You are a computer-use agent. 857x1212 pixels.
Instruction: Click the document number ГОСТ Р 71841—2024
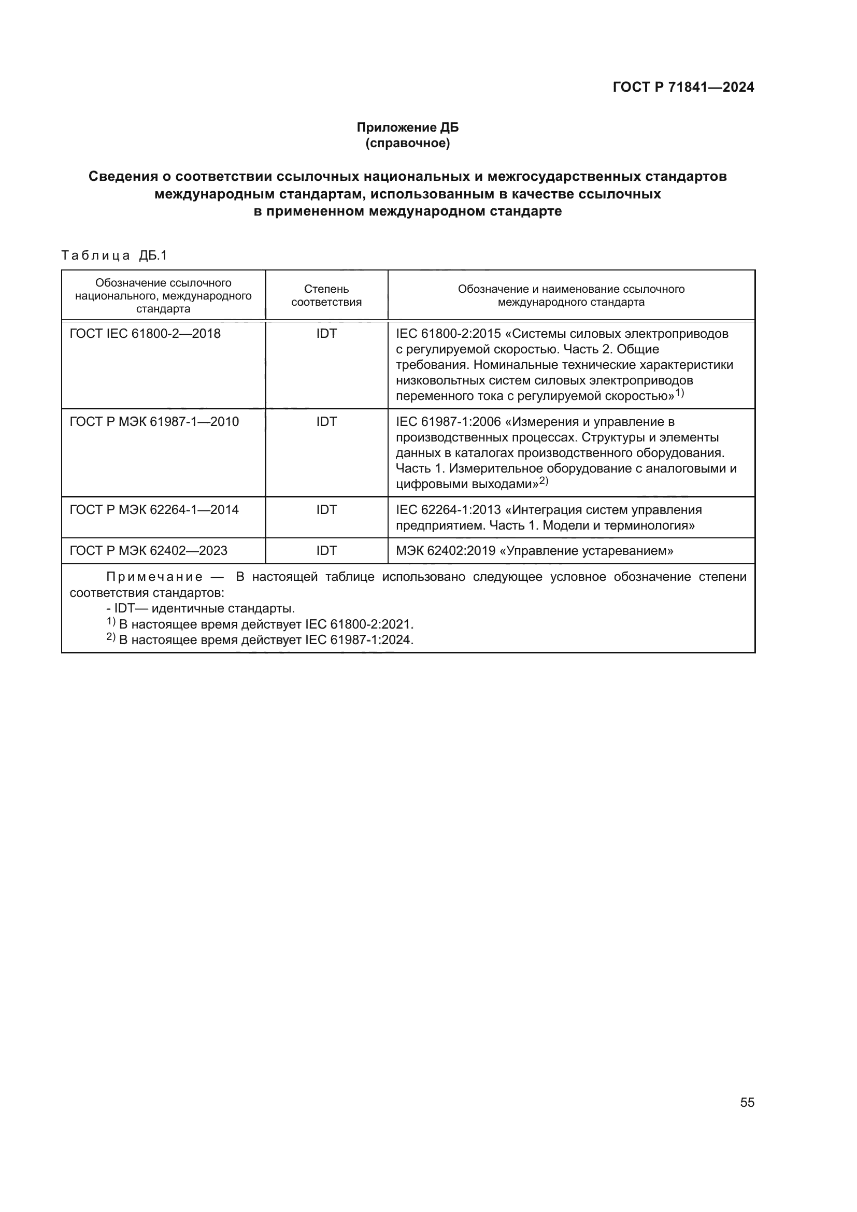click(x=683, y=87)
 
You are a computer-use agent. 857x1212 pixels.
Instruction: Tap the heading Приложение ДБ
click(x=407, y=127)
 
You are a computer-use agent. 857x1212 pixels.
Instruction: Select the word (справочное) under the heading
click(x=407, y=143)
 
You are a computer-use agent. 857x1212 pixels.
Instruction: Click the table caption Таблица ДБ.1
click(x=114, y=255)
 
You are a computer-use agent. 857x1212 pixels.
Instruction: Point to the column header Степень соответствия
click(x=326, y=295)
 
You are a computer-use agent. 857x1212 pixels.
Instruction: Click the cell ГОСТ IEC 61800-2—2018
click(x=145, y=334)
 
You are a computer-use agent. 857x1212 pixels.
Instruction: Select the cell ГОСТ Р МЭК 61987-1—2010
click(x=154, y=422)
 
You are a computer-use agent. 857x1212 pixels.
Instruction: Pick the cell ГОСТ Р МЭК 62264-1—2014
click(x=154, y=510)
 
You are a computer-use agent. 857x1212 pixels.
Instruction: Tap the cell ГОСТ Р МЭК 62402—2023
click(x=148, y=551)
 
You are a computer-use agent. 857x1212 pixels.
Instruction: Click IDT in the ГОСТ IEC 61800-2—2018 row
click(x=326, y=334)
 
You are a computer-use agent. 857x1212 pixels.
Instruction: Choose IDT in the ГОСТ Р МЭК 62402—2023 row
click(x=326, y=551)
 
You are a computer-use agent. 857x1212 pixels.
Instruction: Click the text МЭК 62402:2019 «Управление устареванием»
click(x=534, y=551)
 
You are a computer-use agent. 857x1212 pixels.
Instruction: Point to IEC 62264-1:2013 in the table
click(x=448, y=510)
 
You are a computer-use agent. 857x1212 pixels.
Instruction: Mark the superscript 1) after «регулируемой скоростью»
click(x=679, y=393)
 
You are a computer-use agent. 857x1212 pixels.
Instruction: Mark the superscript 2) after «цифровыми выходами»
click(x=544, y=481)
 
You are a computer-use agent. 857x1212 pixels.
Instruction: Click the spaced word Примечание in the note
click(x=154, y=577)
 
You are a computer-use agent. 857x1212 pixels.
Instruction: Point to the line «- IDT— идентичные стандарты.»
click(x=201, y=608)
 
